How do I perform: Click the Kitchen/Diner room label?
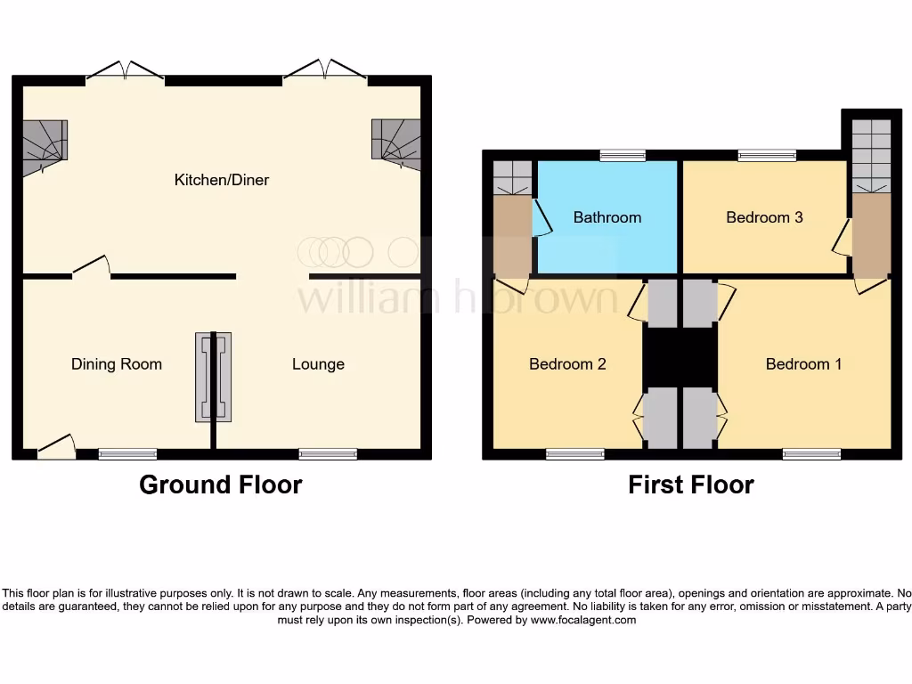coord(221,180)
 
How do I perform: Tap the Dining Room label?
coord(117,363)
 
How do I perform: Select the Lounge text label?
coord(318,363)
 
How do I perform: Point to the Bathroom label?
coord(607,217)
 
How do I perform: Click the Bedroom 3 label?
coord(764,217)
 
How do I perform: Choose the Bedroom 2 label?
coord(567,363)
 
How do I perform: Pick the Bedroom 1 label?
coord(803,363)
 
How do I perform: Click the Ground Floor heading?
coord(221,484)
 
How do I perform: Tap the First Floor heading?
coord(690,484)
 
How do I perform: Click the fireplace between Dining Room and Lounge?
coord(213,377)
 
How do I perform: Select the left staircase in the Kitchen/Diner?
coord(44,146)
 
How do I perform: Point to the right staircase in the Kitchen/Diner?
coord(396,143)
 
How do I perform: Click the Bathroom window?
coord(623,156)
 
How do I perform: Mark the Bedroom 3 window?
coord(767,156)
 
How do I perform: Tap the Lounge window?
coord(328,454)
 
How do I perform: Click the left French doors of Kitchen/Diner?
coord(126,73)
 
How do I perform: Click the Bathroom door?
coord(540,218)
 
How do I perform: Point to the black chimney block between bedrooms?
coord(680,355)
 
